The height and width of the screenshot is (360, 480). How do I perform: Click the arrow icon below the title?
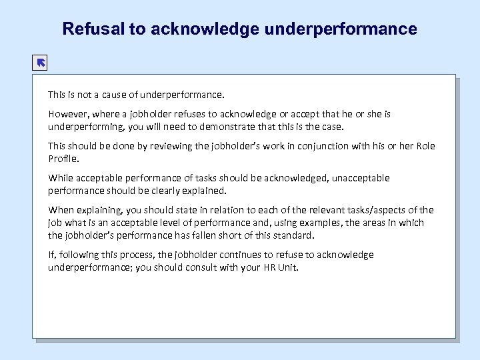[40, 63]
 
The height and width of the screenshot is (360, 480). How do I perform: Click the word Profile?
[63, 159]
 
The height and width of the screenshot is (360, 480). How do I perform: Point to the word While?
[61, 178]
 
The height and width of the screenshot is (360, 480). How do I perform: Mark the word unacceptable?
[359, 178]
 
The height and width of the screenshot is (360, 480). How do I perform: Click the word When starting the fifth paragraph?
[61, 210]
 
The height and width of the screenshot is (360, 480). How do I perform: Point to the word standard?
[291, 235]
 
